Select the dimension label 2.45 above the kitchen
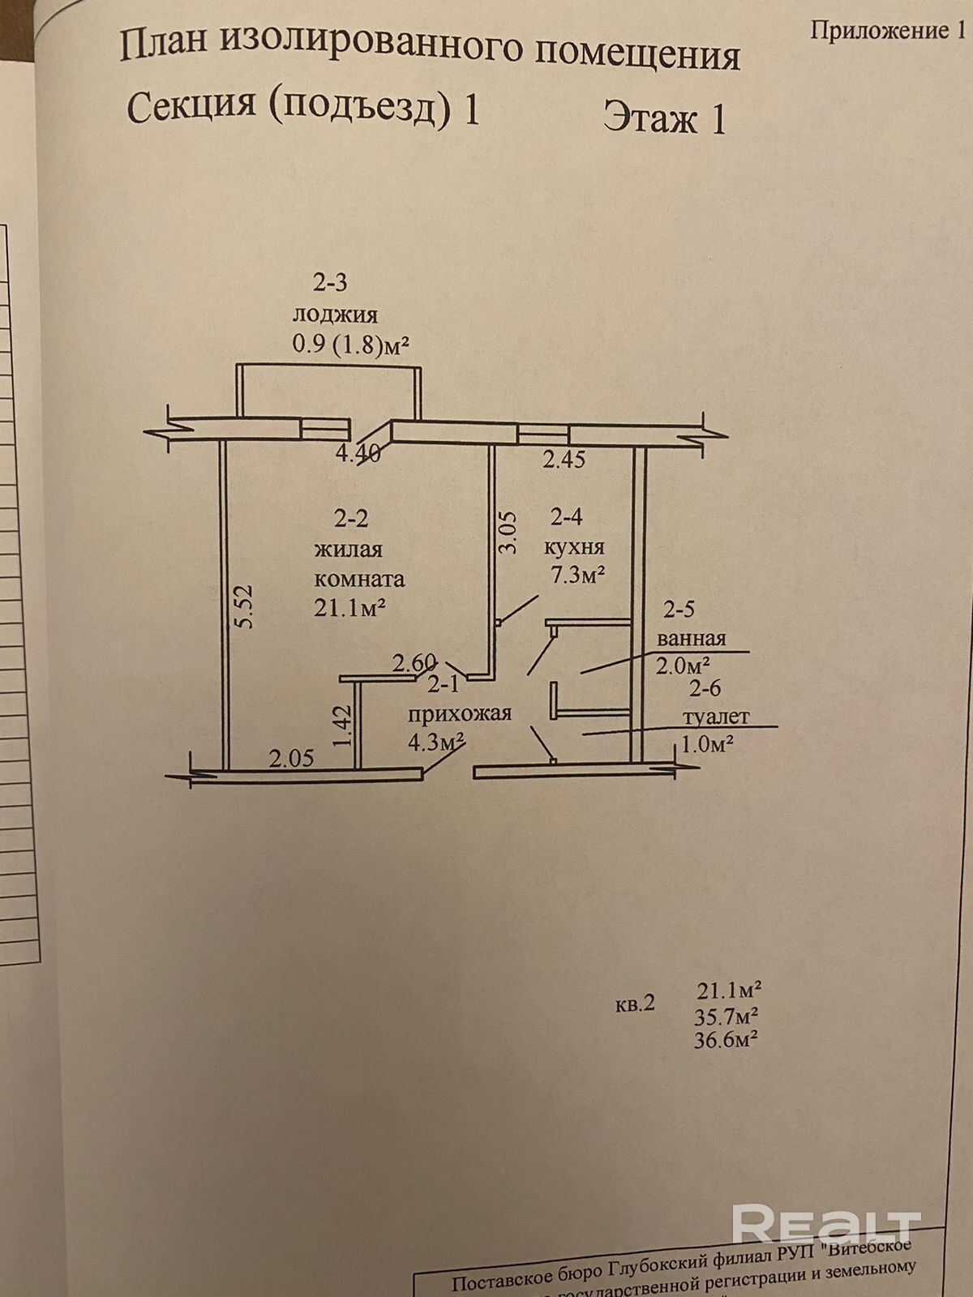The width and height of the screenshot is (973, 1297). pyautogui.click(x=564, y=460)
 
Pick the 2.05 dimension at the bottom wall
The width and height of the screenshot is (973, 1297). pyautogui.click(x=291, y=759)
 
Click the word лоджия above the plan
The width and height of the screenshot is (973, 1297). pyautogui.click(x=335, y=315)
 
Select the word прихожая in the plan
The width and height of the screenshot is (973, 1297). pyautogui.click(x=459, y=713)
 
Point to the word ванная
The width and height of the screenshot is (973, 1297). pyautogui.click(x=692, y=637)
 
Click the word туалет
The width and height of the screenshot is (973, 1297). pyautogui.click(x=716, y=717)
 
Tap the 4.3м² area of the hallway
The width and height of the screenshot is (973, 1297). pyautogui.click(x=435, y=742)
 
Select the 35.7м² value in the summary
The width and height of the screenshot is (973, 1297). pyautogui.click(x=726, y=1016)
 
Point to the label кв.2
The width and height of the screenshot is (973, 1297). pyautogui.click(x=634, y=1004)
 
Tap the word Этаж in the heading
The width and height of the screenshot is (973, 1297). pyautogui.click(x=650, y=118)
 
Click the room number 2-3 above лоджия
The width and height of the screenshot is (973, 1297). pyautogui.click(x=330, y=283)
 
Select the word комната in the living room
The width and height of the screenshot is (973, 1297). pyautogui.click(x=359, y=579)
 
